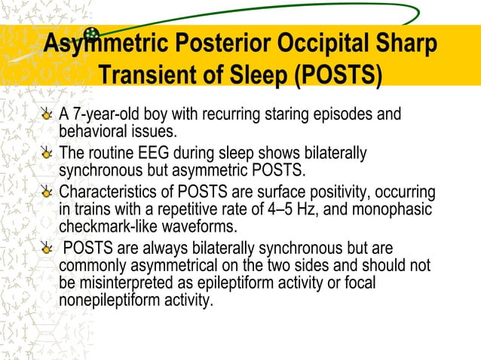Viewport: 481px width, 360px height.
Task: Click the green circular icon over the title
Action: point(92,33)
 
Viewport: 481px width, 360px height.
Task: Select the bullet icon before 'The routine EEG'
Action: point(48,154)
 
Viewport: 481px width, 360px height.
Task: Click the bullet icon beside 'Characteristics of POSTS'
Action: point(48,191)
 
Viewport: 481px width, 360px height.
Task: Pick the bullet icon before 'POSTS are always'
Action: point(48,249)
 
